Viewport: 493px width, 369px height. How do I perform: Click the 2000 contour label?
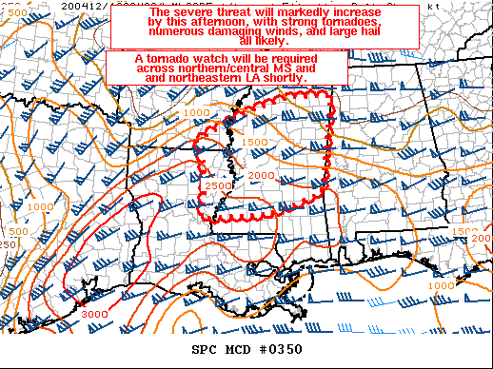tap(260, 175)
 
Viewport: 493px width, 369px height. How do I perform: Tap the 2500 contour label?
tap(217, 185)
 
